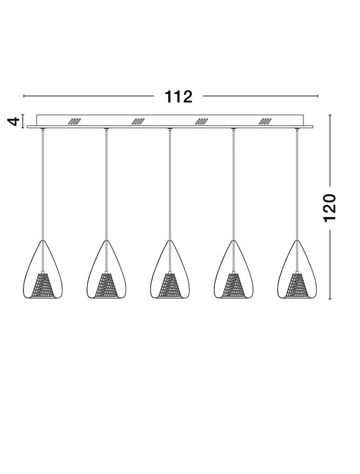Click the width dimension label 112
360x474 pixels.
pyautogui.click(x=179, y=97)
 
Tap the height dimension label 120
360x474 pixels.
pyautogui.click(x=330, y=208)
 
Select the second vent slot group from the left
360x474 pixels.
pyautogui.click(x=138, y=122)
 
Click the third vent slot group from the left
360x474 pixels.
pyautogui.click(x=202, y=122)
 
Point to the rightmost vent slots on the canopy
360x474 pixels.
pyautogui.click(x=266, y=122)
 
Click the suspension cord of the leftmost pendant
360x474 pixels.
pyautogui.click(x=43, y=183)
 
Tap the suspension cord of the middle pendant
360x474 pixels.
pyautogui.click(x=170, y=183)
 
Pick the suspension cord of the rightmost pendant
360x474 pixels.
pyautogui.click(x=297, y=183)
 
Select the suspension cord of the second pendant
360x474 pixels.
pyautogui.click(x=106, y=183)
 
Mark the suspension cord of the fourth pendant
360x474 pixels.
pyautogui.click(x=234, y=183)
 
